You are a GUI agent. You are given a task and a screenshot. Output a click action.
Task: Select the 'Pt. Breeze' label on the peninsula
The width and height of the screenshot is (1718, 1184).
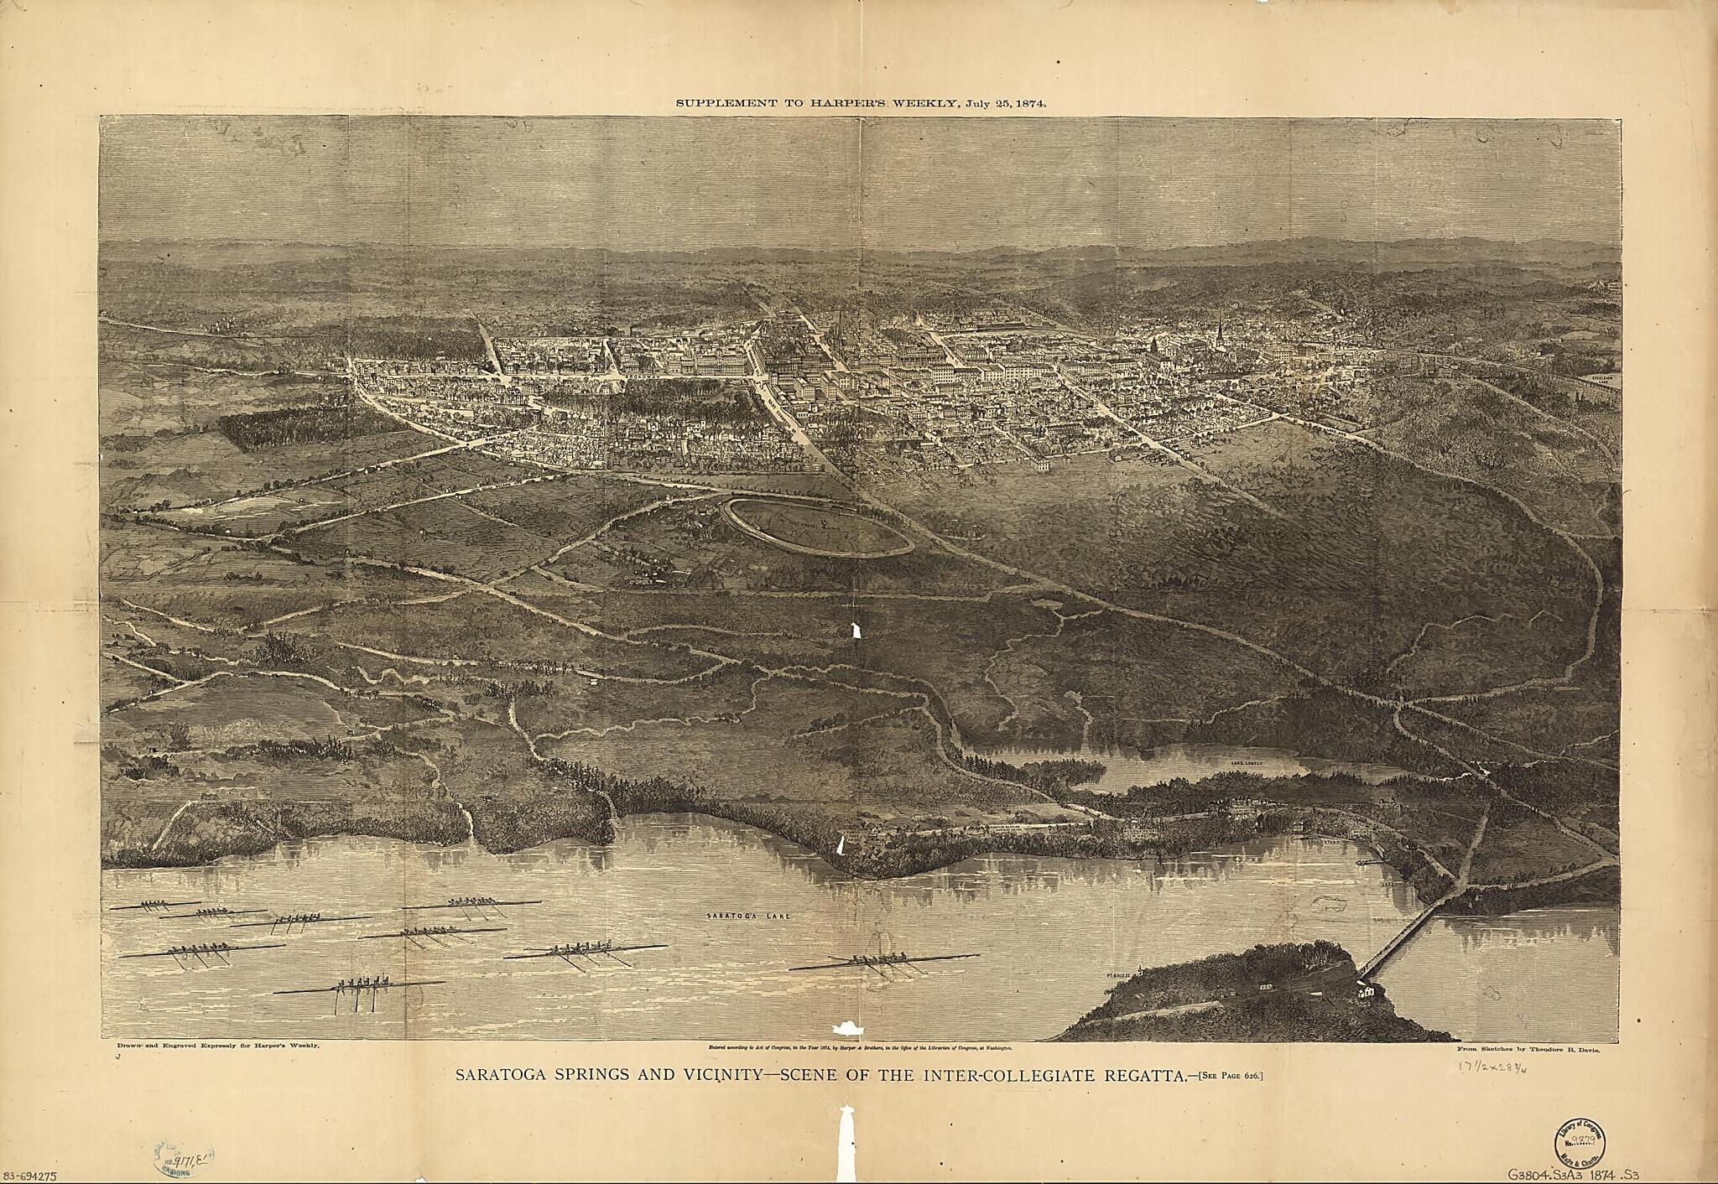1122,975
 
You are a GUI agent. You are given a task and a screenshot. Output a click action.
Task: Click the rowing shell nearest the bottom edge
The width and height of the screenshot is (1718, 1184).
359,987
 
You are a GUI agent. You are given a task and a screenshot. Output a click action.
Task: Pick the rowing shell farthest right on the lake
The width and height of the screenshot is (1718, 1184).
885,961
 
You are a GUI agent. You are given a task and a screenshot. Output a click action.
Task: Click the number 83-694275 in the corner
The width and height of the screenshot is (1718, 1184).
29,1176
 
